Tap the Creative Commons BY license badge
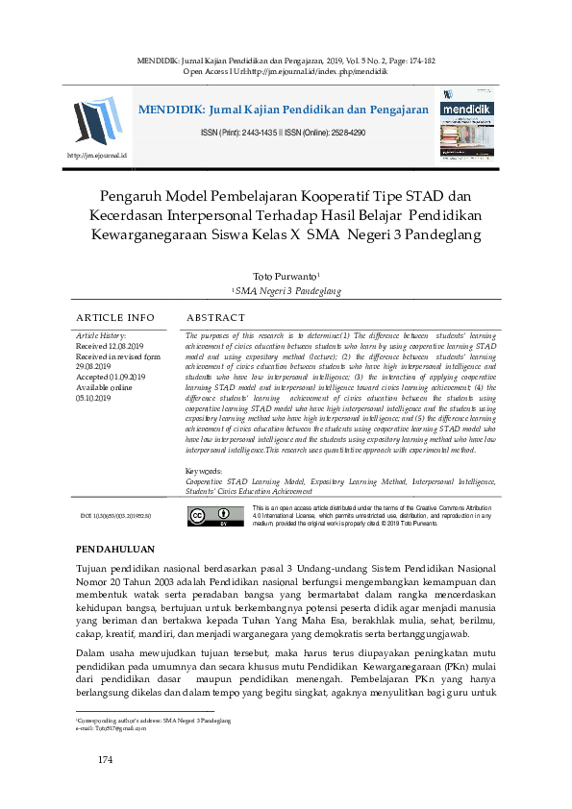tap(202, 516)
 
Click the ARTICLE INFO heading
tap(114, 317)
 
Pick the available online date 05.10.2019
tap(95, 397)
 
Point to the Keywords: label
tap(204, 471)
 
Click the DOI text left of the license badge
tap(114, 516)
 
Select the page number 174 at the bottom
tap(106, 761)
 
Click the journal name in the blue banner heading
tap(283, 110)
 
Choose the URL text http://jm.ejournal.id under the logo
tap(96, 154)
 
